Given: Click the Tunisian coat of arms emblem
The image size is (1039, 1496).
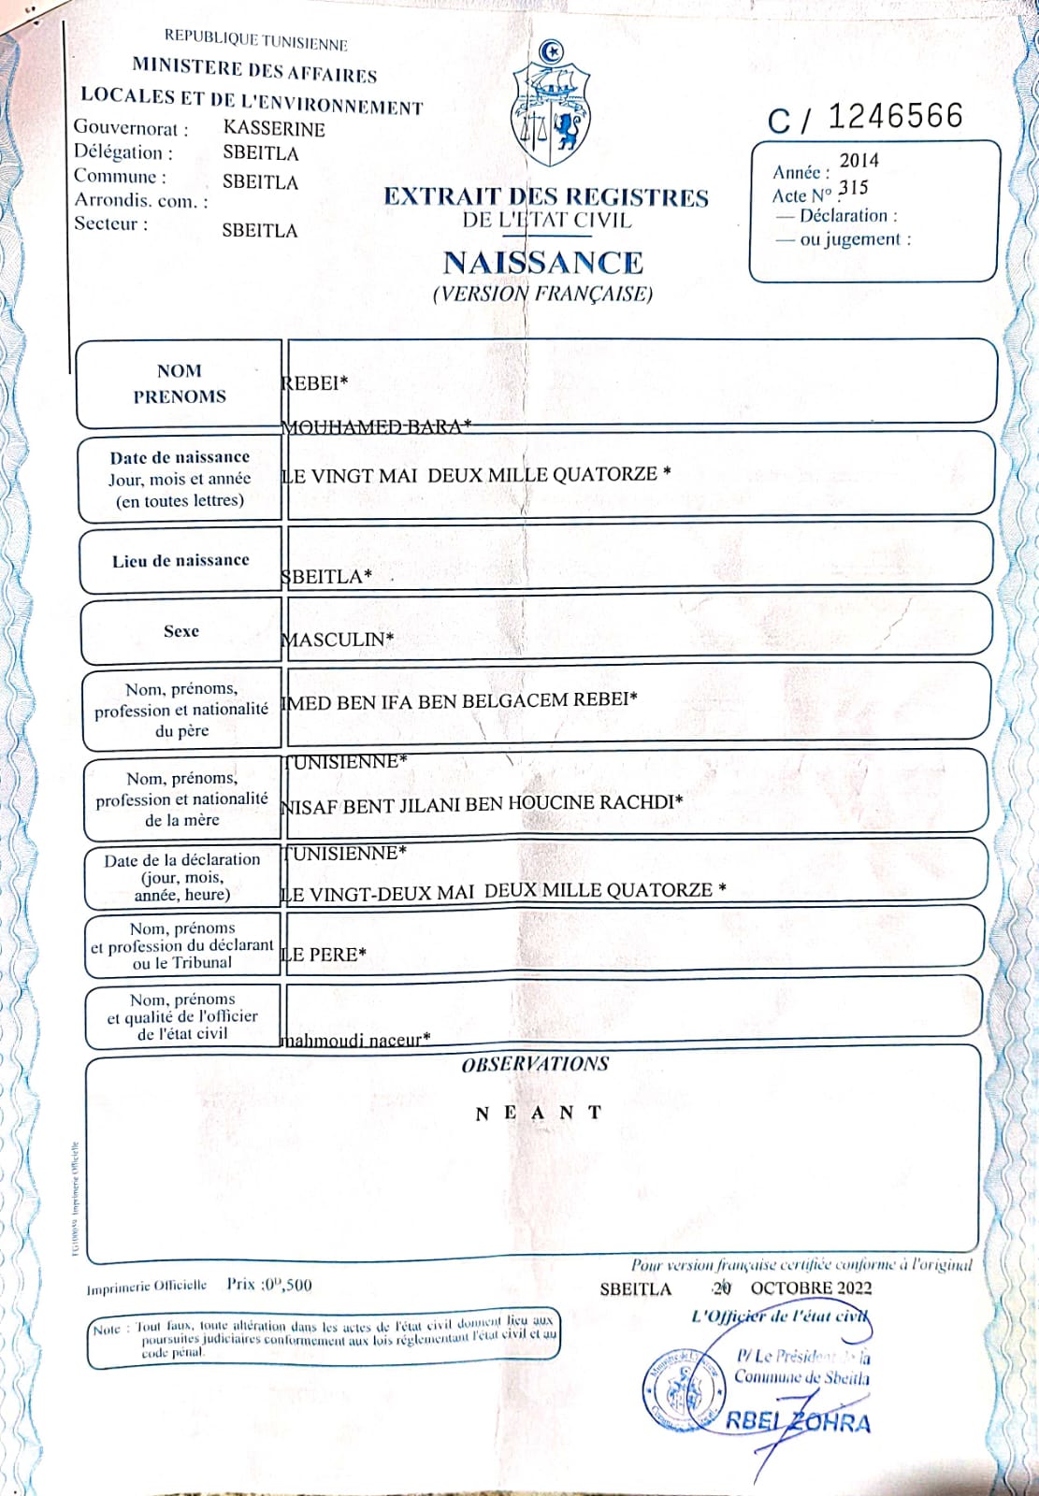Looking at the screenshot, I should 551,105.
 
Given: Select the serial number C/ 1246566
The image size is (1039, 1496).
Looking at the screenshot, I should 865,118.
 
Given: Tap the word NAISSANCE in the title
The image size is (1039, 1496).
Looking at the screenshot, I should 542,263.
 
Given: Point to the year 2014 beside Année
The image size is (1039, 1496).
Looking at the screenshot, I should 859,161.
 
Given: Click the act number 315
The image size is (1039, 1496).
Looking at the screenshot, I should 853,188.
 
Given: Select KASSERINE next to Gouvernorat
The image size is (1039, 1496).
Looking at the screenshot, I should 274,129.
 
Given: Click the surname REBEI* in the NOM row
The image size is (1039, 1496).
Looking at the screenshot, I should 315,382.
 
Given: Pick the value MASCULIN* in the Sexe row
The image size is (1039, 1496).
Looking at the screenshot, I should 338,640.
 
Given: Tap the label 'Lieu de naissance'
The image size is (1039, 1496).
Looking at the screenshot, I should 180,561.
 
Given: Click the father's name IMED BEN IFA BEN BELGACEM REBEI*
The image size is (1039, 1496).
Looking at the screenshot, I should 459,701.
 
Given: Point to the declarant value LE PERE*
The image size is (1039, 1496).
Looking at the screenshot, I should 324,955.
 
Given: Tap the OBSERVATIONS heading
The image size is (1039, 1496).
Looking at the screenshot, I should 535,1064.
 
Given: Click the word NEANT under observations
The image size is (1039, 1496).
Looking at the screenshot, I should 539,1113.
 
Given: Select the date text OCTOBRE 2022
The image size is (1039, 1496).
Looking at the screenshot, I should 811,1287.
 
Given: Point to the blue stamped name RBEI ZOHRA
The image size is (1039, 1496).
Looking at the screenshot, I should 798,1422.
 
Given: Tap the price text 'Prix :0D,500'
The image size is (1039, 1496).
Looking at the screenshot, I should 269,1285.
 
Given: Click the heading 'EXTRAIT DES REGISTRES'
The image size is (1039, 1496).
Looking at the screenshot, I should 546,197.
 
